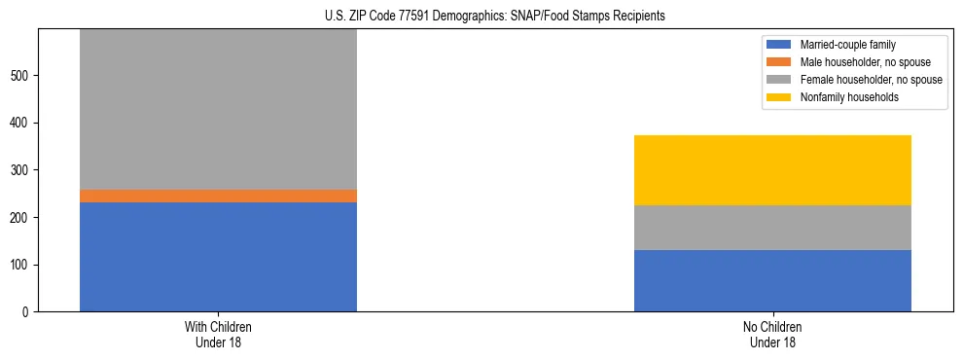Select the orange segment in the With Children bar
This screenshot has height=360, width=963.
(218, 196)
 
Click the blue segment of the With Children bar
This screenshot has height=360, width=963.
(218, 257)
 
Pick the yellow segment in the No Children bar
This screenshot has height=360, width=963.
(772, 170)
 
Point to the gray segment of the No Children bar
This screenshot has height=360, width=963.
(772, 228)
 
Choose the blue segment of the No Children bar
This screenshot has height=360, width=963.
(772, 280)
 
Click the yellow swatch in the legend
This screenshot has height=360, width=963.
(780, 97)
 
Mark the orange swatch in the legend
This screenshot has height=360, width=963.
(780, 62)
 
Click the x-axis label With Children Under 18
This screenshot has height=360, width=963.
(218, 335)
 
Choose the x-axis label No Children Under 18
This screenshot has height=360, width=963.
(772, 335)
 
